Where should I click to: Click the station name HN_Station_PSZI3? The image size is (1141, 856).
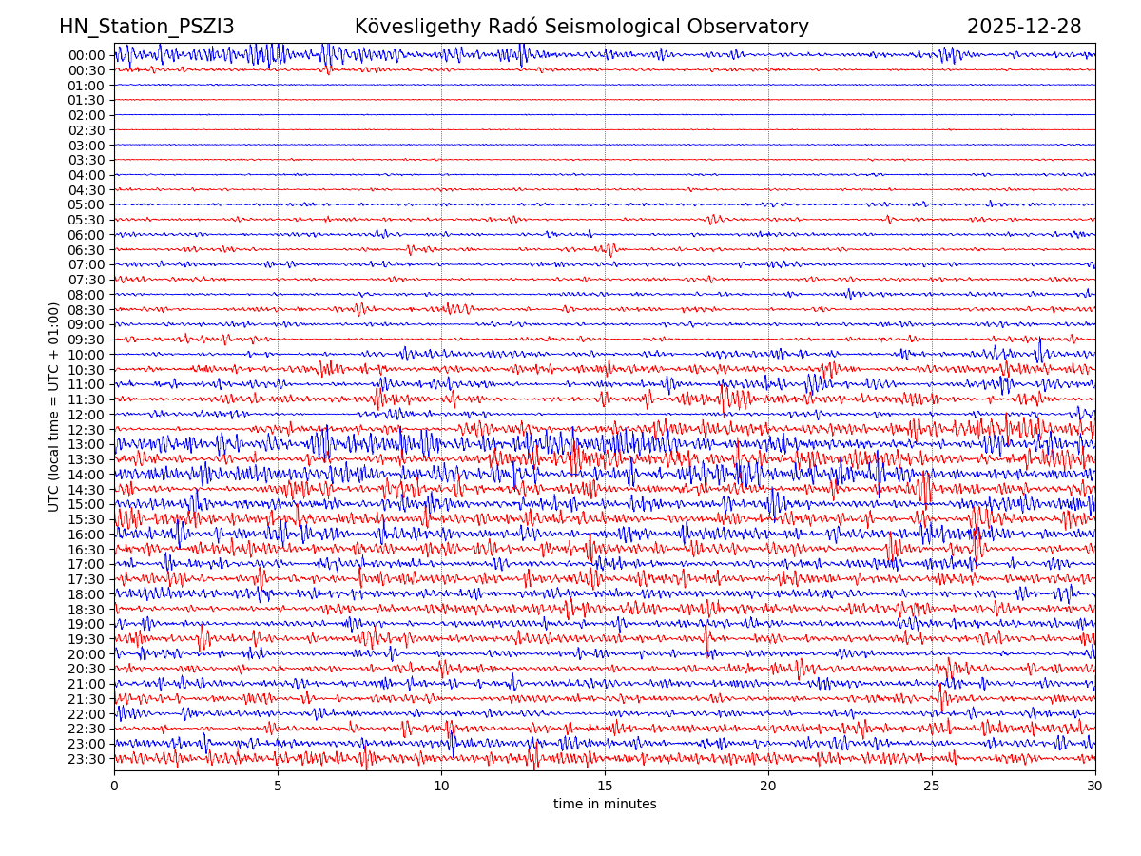(x=146, y=27)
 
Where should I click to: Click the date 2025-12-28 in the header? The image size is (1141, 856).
(x=1024, y=27)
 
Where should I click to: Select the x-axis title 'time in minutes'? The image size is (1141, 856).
(x=605, y=805)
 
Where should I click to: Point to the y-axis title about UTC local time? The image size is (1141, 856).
(x=54, y=407)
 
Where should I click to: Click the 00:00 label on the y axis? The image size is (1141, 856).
(x=87, y=55)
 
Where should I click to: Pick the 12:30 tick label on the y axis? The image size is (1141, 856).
(x=87, y=430)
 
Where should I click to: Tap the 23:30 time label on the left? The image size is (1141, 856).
(x=87, y=759)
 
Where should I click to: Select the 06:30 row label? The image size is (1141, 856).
(x=87, y=250)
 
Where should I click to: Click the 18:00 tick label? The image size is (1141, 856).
(x=87, y=594)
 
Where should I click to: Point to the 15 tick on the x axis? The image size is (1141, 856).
(x=605, y=787)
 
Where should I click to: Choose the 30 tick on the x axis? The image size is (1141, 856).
(x=1095, y=787)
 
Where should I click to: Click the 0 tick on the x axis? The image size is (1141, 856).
(x=114, y=787)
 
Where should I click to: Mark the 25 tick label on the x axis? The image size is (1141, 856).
(x=932, y=787)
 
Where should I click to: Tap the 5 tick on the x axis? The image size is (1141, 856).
(x=278, y=787)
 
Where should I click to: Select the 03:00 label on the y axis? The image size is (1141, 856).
(x=87, y=146)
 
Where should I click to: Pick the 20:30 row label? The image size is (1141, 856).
(x=87, y=670)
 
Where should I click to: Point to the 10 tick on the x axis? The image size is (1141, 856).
(x=441, y=787)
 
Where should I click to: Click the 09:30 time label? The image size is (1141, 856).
(x=87, y=340)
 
